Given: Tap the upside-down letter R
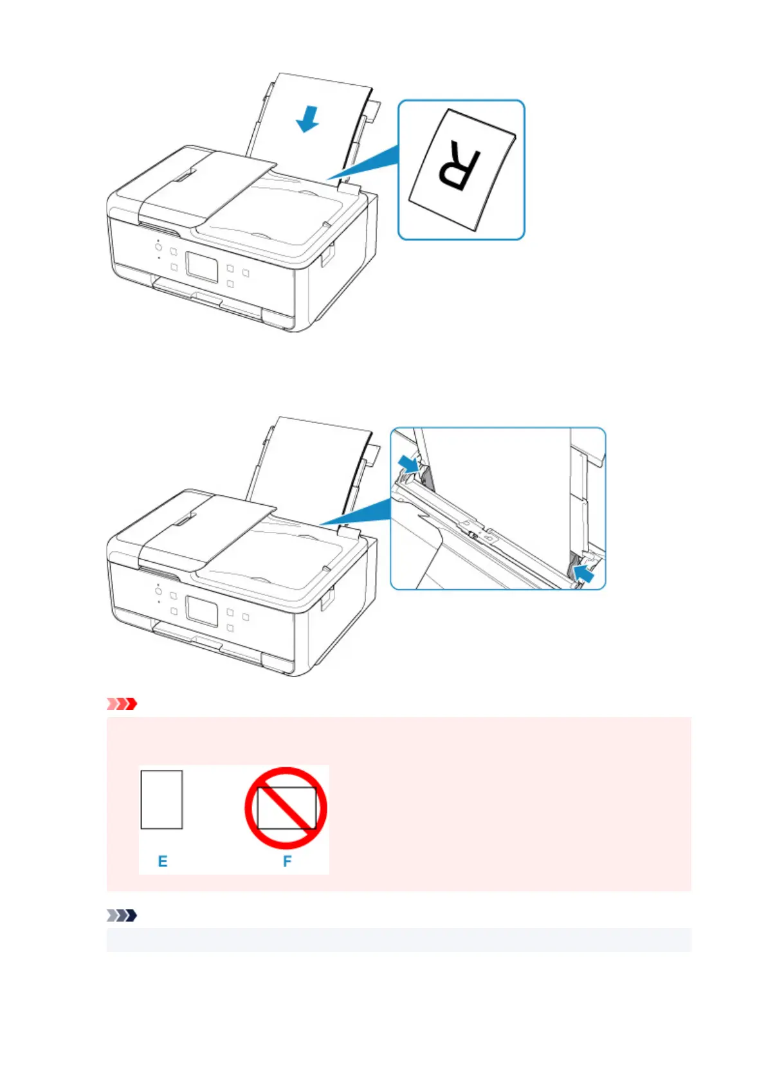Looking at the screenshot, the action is pyautogui.click(x=459, y=167).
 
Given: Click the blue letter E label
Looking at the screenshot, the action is pyautogui.click(x=163, y=861).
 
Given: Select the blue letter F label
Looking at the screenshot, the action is pyautogui.click(x=287, y=860).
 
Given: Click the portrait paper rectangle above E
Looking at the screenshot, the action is pyautogui.click(x=161, y=799).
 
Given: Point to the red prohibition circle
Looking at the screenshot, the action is pyautogui.click(x=286, y=808).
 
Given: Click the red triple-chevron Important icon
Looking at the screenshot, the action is pyautogui.click(x=122, y=704).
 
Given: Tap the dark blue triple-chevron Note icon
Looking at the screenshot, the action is pyautogui.click(x=122, y=915).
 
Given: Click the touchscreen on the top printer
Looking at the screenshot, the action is pyautogui.click(x=202, y=266).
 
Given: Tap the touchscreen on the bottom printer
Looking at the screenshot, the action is pyautogui.click(x=202, y=610).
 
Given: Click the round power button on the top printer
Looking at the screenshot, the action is pyautogui.click(x=158, y=246).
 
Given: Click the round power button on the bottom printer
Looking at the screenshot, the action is pyautogui.click(x=158, y=590).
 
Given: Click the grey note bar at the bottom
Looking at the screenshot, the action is pyautogui.click(x=399, y=940).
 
